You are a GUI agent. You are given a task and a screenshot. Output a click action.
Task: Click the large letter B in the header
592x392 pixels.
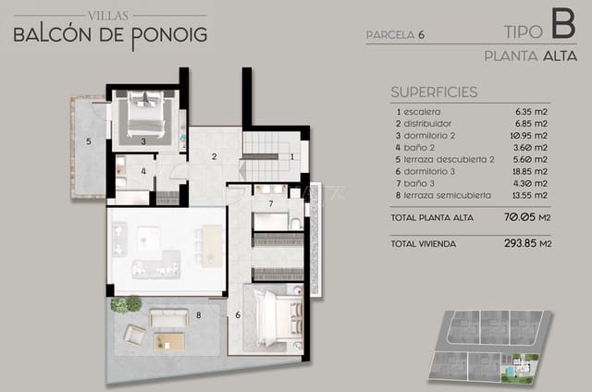tap(561, 23)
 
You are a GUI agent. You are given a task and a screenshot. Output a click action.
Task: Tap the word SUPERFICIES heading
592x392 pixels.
tap(434, 92)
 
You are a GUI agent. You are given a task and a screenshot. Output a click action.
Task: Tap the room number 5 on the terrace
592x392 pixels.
tap(88, 141)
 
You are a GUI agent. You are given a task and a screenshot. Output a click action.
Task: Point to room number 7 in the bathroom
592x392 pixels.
tap(270, 202)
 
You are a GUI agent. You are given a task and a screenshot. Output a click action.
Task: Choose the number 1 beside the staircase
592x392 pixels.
tap(292, 156)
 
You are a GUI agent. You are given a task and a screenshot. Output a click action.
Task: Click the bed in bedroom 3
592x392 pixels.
tap(145, 118)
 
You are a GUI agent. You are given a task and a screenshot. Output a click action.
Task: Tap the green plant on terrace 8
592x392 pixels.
tap(126, 304)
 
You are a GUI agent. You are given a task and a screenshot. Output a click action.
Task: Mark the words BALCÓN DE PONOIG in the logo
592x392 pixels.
tap(111, 36)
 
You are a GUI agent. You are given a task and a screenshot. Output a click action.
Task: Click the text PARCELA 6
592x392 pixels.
tap(395, 35)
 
